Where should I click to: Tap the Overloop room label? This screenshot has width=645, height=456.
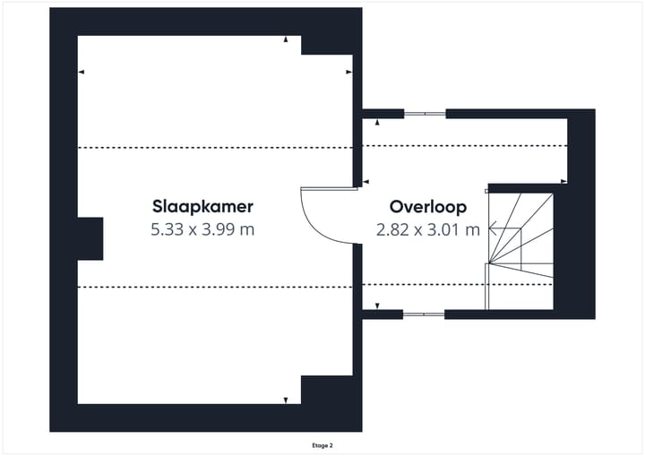click(x=427, y=207)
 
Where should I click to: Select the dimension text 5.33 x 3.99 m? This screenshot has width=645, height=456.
click(x=203, y=229)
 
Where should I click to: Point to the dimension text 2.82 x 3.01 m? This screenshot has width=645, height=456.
click(x=428, y=229)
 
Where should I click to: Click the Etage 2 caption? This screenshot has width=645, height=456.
click(x=322, y=444)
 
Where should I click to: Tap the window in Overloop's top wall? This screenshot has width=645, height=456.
click(x=424, y=114)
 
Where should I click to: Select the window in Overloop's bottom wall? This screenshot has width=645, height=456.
click(x=424, y=314)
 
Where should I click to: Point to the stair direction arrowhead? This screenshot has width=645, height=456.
click(x=491, y=229)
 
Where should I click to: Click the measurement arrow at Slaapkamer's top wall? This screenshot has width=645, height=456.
click(x=286, y=39)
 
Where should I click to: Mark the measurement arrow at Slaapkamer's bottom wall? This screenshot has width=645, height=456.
click(x=286, y=400)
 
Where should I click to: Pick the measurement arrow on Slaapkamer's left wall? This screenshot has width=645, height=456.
click(x=82, y=73)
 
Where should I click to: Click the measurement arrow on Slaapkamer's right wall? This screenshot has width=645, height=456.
click(x=348, y=73)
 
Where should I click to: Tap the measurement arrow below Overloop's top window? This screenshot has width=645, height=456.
click(x=377, y=122)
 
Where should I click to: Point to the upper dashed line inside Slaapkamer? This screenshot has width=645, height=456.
click(x=215, y=147)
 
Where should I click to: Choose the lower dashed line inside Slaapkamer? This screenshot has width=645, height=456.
click(x=215, y=287)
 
